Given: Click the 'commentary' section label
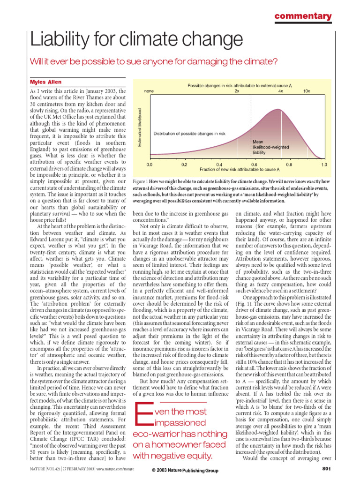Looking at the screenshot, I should tap(302, 16).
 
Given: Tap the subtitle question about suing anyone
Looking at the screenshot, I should tap(154, 61).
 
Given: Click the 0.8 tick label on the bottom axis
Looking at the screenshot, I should tap(289, 165).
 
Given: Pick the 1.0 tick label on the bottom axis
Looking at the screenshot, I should tap(323, 165).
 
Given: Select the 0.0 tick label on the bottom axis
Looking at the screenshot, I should tap(150, 165).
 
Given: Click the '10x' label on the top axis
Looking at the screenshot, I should tap(306, 91).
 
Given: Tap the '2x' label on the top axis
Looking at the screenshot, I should tap(237, 91).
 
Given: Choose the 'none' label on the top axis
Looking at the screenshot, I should tap(150, 91).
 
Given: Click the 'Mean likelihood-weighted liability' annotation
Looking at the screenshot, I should tap(270, 147).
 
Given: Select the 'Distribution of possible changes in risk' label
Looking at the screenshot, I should tap(189, 134).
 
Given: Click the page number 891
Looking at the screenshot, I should tap(327, 469).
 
